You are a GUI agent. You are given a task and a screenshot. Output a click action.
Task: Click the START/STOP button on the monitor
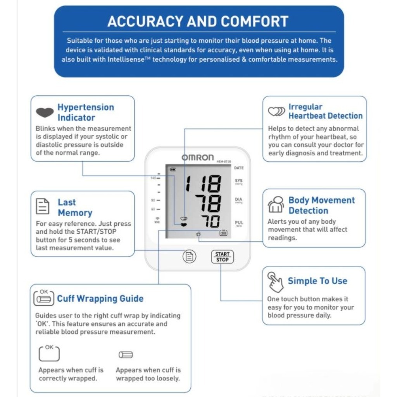coord(223,257)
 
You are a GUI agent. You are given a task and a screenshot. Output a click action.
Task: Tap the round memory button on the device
coord(189,256)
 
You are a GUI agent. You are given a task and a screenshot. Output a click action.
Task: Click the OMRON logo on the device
coord(198,157)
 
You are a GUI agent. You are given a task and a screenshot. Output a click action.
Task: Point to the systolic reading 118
coord(203,183)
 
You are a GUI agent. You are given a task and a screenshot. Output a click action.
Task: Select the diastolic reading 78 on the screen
coord(208,203)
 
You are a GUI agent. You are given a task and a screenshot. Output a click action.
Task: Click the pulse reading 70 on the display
coord(210,221)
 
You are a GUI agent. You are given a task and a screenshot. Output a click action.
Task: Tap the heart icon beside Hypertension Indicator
coord(45,112)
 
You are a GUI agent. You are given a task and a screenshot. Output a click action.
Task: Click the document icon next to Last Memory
coord(43,206)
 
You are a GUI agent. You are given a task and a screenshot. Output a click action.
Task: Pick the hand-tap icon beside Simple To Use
coord(275,282)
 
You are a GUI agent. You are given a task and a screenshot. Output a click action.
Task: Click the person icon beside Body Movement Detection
coord(276,204)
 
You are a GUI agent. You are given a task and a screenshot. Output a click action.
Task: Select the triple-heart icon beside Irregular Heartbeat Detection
coord(276,111)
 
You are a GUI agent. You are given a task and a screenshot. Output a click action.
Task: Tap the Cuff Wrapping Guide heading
coord(100,299)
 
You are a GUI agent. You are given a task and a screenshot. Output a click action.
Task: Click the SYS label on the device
coord(238,181)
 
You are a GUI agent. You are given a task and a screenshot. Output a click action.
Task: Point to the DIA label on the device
coord(238,200)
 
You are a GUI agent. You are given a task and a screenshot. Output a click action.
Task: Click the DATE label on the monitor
coord(239,168)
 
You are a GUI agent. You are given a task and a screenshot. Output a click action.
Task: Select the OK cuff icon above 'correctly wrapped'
coord(49,353)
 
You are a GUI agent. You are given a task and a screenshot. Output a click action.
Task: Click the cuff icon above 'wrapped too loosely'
coord(126,355)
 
